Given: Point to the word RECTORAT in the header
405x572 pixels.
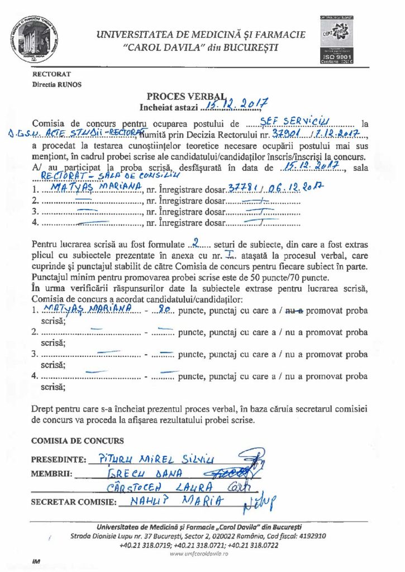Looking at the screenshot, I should (51, 74).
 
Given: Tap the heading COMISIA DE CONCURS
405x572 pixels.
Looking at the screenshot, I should (78, 441).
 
